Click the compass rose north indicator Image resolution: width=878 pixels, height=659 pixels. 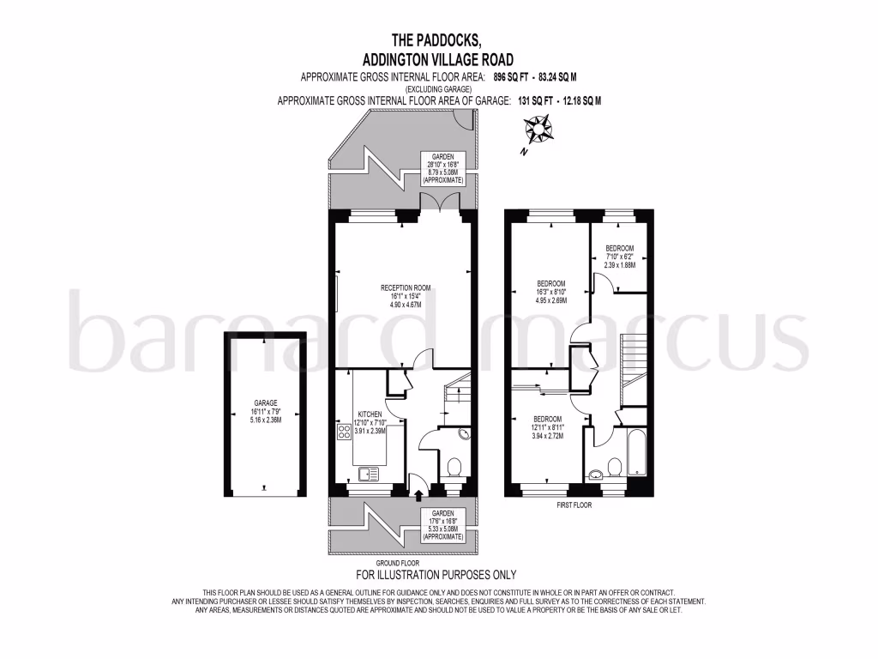[x=539, y=131]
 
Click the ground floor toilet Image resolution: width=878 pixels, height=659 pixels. [x=454, y=469]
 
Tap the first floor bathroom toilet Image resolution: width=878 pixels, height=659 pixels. [x=613, y=467]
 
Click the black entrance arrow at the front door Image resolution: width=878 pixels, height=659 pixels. [x=418, y=494]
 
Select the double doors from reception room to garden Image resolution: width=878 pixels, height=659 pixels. [x=441, y=202]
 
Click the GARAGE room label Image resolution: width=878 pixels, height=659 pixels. [x=265, y=402]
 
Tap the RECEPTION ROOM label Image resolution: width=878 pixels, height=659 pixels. [x=406, y=287]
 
